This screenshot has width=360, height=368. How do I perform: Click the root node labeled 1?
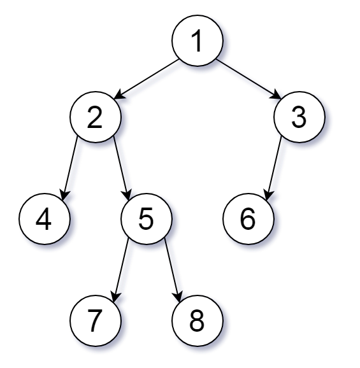[x=198, y=41]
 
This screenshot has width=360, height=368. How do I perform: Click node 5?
[x=147, y=220]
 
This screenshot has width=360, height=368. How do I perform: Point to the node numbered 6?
[x=248, y=220]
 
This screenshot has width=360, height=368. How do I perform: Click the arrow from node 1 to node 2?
[x=147, y=80]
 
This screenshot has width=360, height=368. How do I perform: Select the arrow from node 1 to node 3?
[x=248, y=80]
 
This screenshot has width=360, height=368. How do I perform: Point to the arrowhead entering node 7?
[x=115, y=295]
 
